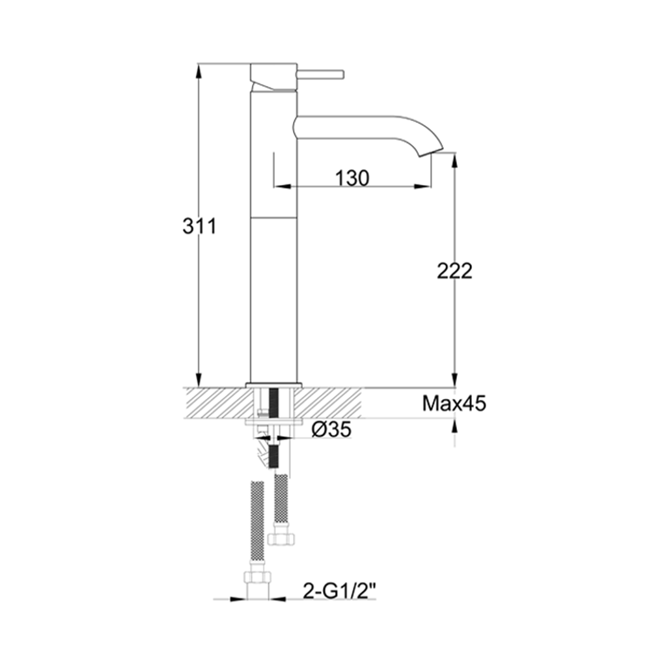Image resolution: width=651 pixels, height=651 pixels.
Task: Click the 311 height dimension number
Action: pos(198,227)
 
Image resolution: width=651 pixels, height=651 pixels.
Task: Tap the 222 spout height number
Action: pos(454,271)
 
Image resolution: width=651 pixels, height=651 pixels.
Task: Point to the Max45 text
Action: pos(454,404)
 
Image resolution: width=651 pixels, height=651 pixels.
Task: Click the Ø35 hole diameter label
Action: pos(332,429)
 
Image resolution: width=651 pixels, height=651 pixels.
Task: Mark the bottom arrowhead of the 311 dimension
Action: pos(198,380)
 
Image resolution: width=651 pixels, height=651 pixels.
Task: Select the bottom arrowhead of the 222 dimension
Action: pos(454,381)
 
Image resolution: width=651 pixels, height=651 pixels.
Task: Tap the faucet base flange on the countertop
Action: pos(274,384)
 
